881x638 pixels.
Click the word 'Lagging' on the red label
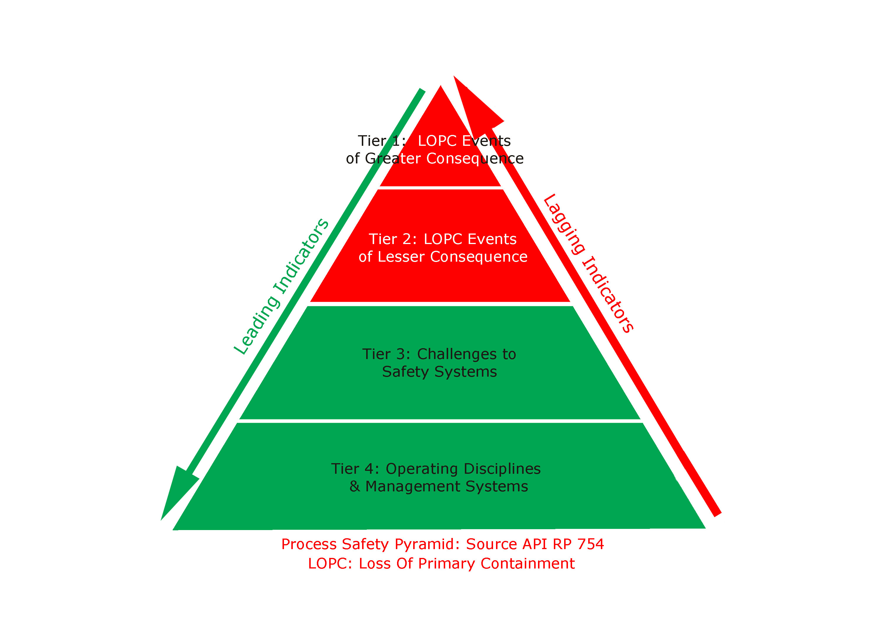[x=564, y=225]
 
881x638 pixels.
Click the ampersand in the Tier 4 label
[x=354, y=487]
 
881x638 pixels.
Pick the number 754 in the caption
[x=591, y=544]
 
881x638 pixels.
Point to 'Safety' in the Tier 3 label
[x=406, y=372]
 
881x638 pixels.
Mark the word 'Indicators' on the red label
[x=608, y=294]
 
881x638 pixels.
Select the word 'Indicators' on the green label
[x=301, y=256]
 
